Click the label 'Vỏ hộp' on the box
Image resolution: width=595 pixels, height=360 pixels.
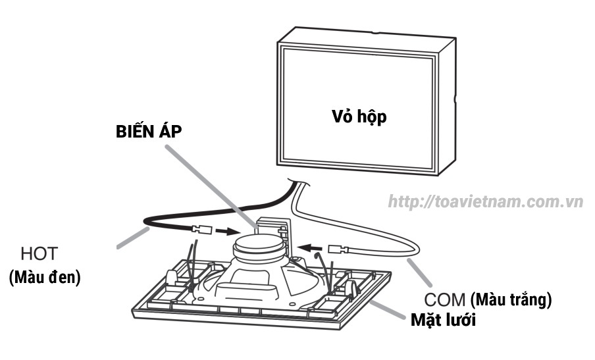coord(357,118)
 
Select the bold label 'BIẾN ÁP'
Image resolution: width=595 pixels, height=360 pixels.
coord(149,130)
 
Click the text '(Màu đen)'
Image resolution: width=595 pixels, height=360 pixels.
coord(44,278)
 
